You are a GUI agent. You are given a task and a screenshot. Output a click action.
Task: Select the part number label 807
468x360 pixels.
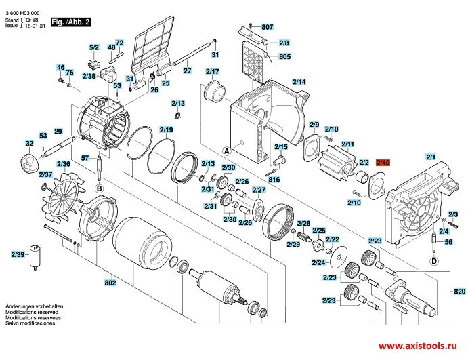pyautogui.click(x=267, y=27)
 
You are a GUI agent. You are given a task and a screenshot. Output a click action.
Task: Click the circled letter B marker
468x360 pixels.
pyautogui.click(x=98, y=188)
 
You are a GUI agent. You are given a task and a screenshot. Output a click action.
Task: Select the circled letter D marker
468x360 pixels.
pyautogui.click(x=433, y=260)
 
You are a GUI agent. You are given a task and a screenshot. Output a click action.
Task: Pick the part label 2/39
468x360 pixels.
pyautogui.click(x=18, y=254)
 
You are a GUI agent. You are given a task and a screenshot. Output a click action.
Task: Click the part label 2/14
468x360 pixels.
pyautogui.click(x=299, y=83)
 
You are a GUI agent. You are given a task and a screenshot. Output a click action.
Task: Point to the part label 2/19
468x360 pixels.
pyautogui.click(x=167, y=129)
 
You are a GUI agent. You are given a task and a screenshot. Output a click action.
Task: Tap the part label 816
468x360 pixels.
pyautogui.click(x=273, y=180)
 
